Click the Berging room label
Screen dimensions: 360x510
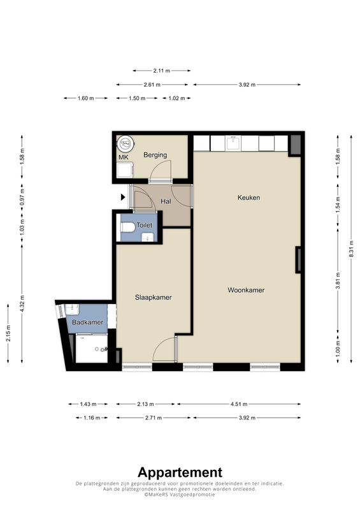(155, 155)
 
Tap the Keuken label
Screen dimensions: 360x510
(248, 198)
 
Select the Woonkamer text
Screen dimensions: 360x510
(246, 290)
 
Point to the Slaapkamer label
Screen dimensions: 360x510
(153, 297)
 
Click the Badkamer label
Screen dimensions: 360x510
(87, 323)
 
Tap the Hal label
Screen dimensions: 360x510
(166, 201)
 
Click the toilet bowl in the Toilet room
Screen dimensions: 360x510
(128, 227)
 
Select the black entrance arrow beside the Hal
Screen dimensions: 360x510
(123, 197)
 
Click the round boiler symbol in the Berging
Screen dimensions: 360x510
(126, 143)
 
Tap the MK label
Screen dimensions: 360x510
(123, 157)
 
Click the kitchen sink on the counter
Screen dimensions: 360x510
(233, 143)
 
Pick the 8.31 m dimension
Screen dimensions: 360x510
(351, 249)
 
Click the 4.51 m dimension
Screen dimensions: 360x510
(239, 404)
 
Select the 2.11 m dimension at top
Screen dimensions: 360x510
(162, 71)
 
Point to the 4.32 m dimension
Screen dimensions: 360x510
(22, 303)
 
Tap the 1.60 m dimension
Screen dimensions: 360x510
(85, 98)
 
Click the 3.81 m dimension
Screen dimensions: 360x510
(338, 280)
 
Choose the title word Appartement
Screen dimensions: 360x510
(180, 472)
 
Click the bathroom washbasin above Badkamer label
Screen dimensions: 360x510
(72, 309)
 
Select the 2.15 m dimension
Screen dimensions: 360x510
(8, 333)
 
